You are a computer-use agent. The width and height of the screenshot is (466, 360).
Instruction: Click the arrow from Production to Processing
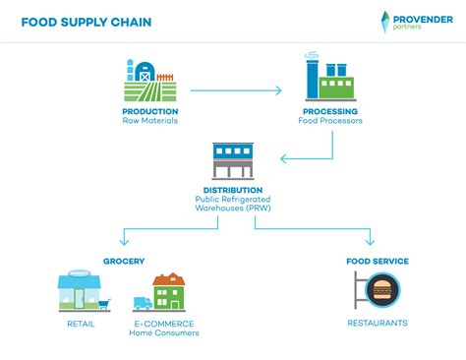click(235, 90)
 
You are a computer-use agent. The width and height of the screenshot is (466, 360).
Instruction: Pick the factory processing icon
click(329, 77)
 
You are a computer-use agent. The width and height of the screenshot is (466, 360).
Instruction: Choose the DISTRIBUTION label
click(233, 190)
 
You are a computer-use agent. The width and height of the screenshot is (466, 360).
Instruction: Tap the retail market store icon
click(79, 291)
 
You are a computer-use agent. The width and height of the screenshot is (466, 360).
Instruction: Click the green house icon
click(169, 292)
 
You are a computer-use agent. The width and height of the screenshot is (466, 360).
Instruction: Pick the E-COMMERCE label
click(163, 324)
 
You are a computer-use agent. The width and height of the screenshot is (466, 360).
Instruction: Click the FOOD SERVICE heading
click(378, 261)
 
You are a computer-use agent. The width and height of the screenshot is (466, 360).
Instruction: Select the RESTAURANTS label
click(378, 324)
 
